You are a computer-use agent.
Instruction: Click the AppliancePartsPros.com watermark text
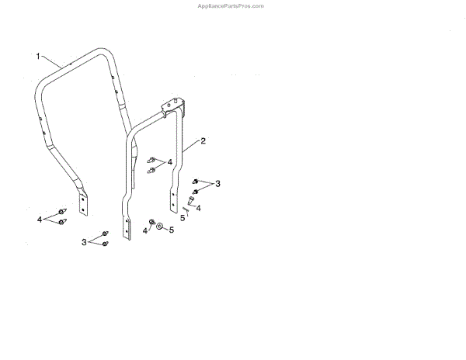(x=231, y=5)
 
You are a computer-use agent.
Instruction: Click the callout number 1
(x=37, y=56)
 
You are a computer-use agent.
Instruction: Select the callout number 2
(x=203, y=141)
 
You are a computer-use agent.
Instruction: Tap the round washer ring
(x=159, y=229)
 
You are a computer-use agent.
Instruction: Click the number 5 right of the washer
(x=171, y=230)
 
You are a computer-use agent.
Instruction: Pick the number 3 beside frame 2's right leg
(x=218, y=183)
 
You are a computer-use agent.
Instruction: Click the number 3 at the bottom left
(x=84, y=243)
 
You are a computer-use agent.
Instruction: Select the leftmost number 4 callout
(x=39, y=220)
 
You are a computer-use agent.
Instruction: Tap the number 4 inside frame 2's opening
(x=169, y=162)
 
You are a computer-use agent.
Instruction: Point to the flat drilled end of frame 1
(x=85, y=205)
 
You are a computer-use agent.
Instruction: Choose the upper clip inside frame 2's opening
(x=152, y=159)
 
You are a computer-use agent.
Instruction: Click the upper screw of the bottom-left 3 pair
(x=105, y=234)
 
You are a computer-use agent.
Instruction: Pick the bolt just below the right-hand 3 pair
(x=190, y=204)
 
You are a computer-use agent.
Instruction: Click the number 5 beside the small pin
(x=183, y=219)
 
